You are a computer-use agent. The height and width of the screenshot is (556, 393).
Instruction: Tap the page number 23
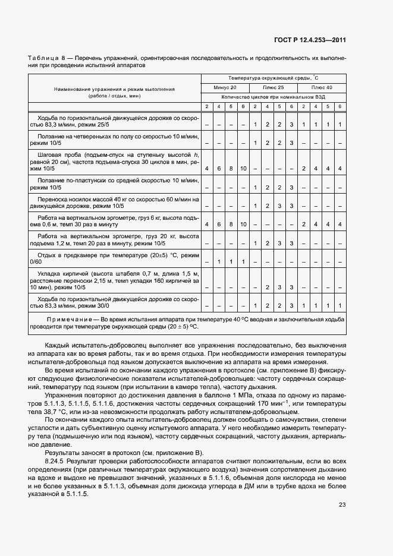[x=342, y=505]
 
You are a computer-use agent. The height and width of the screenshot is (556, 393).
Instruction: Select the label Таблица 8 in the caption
[x=45, y=58]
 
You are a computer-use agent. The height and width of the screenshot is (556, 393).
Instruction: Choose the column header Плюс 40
[x=321, y=87]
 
